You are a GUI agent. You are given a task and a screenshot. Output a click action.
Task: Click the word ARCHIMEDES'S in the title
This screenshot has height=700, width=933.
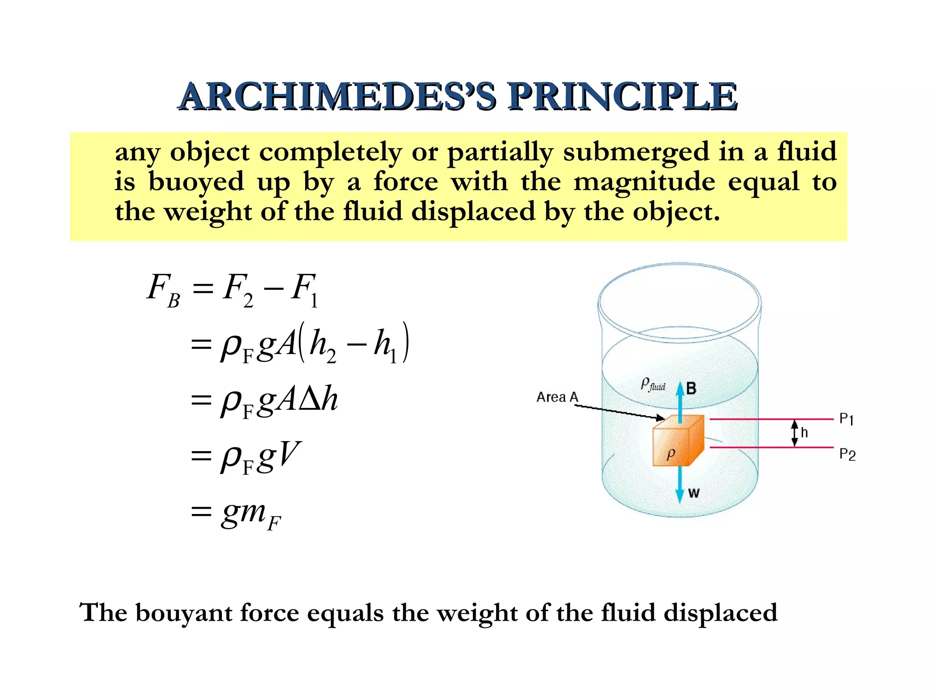pyautogui.click(x=337, y=97)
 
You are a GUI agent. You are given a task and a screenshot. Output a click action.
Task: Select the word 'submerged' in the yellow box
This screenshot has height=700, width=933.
pyautogui.click(x=636, y=152)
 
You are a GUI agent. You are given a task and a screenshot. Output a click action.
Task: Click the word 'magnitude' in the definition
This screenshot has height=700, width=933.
pyautogui.click(x=644, y=182)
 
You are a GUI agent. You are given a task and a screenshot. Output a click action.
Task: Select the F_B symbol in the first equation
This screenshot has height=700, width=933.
pyautogui.click(x=163, y=291)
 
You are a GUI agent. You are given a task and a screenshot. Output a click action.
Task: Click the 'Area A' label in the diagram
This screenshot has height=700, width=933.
pyautogui.click(x=557, y=397)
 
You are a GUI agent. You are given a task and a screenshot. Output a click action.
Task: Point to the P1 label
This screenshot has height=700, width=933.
pyautogui.click(x=846, y=419)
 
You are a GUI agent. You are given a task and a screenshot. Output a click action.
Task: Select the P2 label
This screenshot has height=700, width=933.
pyautogui.click(x=847, y=454)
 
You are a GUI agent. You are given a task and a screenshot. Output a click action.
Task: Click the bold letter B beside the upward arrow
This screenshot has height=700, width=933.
pyautogui.click(x=691, y=389)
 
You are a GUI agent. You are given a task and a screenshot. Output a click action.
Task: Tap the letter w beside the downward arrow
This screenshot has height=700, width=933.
pyautogui.click(x=693, y=493)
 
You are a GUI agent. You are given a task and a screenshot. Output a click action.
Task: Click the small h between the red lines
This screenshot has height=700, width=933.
pyautogui.click(x=804, y=432)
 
